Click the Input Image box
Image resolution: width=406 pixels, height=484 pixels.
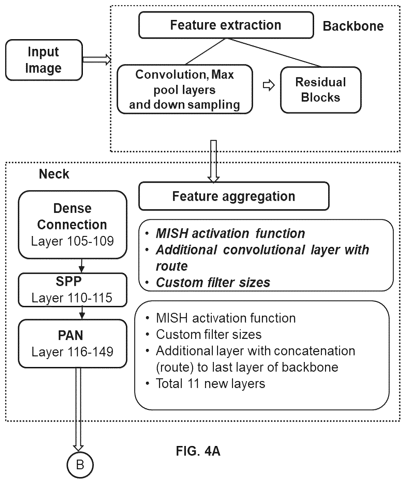pos(44,60)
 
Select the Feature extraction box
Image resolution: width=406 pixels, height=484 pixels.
pos(226,25)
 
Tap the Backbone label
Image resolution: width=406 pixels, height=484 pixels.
pos(353,26)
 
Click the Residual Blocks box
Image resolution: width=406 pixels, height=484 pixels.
pos(321,90)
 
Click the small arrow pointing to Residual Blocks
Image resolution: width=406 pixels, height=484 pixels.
pos(269,86)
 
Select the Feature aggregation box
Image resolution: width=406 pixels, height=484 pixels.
pos(234,196)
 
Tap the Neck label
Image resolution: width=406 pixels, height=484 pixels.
pos(54,174)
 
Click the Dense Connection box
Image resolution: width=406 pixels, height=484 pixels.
pos(73,224)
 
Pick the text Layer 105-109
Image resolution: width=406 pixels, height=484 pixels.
pos(73,241)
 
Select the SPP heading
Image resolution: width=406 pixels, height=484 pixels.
pos(69,281)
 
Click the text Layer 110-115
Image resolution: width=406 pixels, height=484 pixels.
pos(72,298)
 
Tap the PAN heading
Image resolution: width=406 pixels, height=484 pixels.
pos(70,335)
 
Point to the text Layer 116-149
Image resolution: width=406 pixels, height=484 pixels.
pos(73,352)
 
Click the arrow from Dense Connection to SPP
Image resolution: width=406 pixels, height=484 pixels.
pos(82,266)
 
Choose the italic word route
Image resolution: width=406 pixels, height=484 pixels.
pos(172,266)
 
